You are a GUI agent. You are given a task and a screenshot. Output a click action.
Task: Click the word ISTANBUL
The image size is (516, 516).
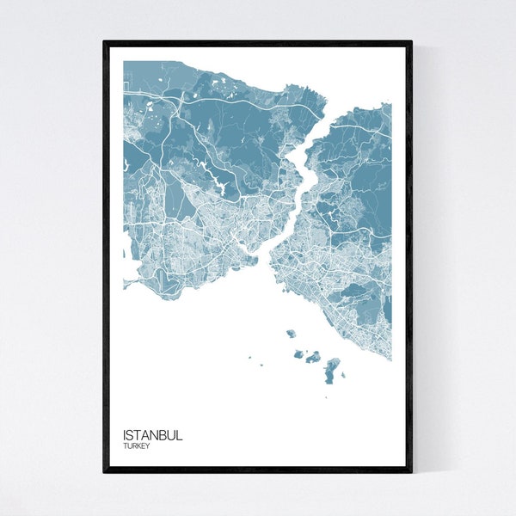pyautogui.click(x=152, y=435)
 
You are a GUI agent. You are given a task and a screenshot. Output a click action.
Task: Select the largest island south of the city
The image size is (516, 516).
pyautogui.click(x=331, y=371)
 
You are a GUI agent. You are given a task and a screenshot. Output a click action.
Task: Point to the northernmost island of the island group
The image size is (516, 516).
pyautogui.click(x=291, y=334)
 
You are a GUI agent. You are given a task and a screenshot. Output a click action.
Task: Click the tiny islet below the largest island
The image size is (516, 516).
pyautogui.click(x=327, y=396)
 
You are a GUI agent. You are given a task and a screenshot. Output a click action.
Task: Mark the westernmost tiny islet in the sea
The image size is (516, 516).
pyautogui.click(x=250, y=359)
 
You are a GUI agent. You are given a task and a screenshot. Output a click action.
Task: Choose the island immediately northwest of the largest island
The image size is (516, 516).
pyautogui.click(x=313, y=356)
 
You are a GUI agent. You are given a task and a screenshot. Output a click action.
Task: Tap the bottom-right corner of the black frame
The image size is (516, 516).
pyautogui.click(x=411, y=471)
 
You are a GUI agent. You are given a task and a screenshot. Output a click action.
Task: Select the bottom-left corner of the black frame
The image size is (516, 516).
pyautogui.click(x=104, y=471)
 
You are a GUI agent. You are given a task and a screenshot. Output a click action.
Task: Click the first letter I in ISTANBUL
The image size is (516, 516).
pyautogui.click(x=125, y=435)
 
